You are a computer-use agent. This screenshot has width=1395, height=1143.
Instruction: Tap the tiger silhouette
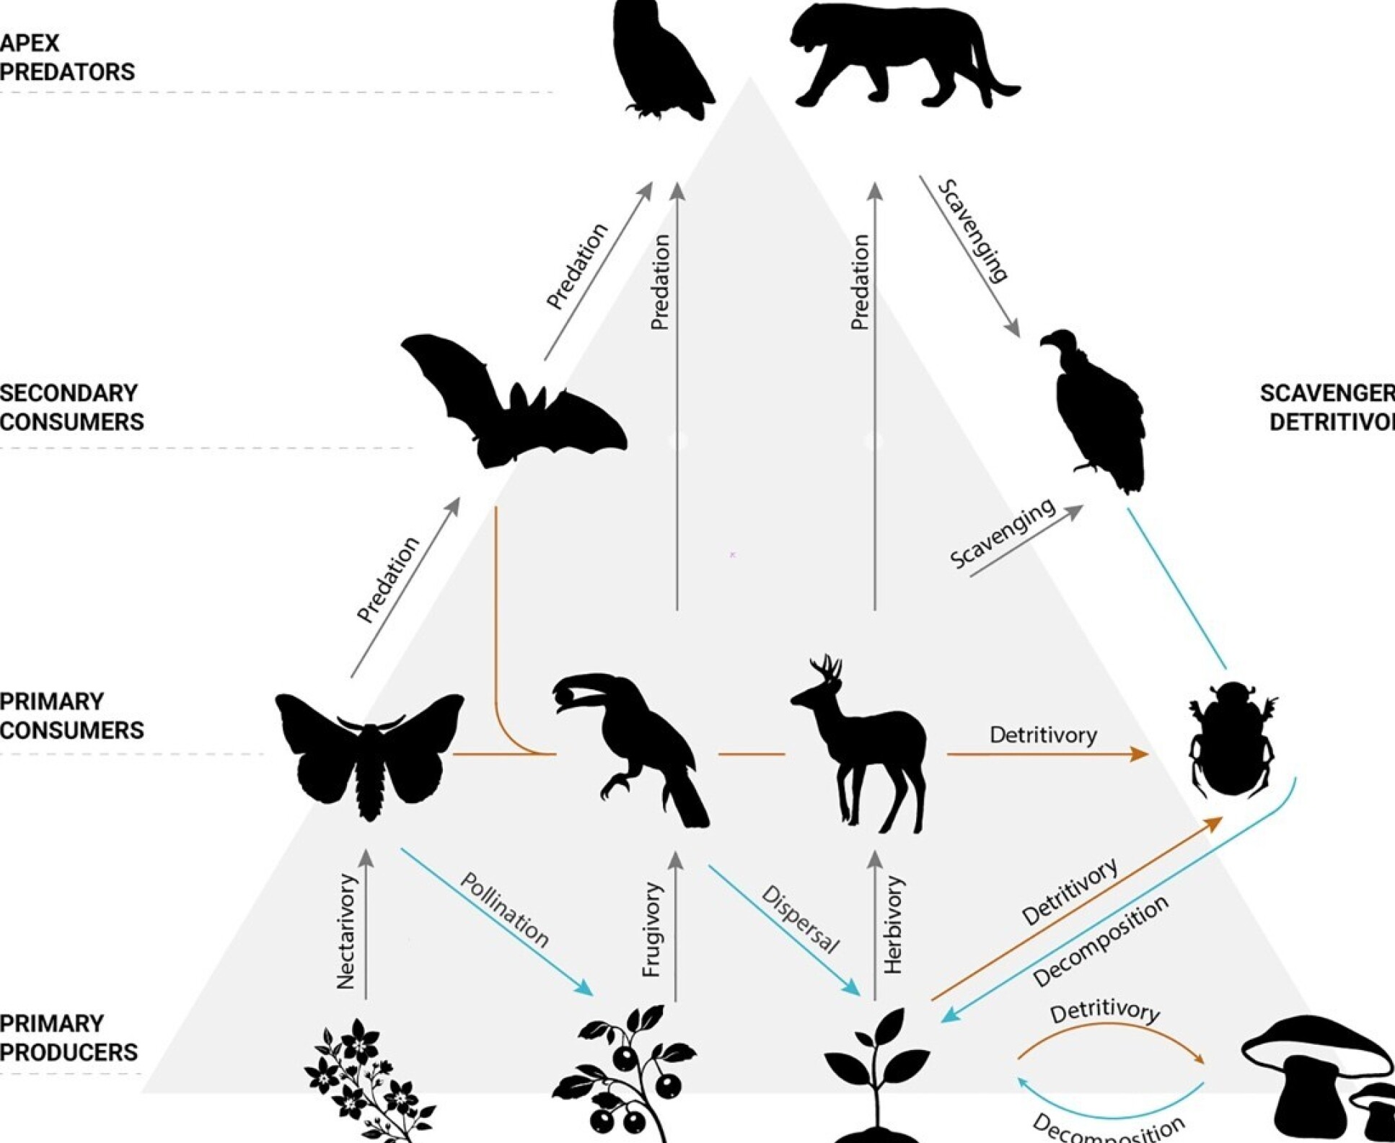(x=902, y=54)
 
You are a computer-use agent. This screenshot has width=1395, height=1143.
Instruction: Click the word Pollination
(x=504, y=910)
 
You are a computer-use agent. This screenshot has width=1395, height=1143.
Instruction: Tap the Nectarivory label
(x=347, y=931)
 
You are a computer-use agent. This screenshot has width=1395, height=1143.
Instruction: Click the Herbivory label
(x=893, y=925)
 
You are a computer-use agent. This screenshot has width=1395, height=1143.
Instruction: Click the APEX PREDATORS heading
(x=66, y=58)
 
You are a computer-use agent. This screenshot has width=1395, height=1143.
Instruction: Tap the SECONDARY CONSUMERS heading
(x=71, y=408)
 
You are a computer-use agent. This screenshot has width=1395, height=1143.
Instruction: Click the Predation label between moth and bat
(x=388, y=579)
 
